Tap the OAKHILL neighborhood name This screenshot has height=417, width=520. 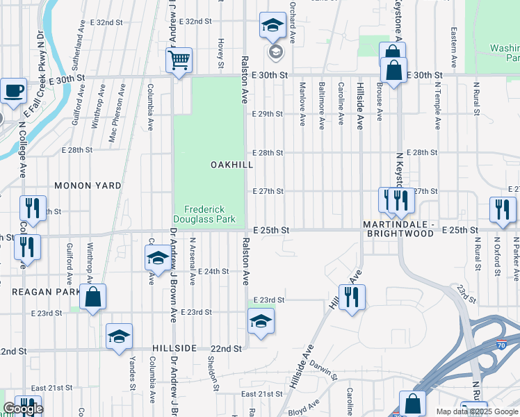click(231, 165)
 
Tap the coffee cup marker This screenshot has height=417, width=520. click(13, 90)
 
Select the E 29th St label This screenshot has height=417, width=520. click(268, 113)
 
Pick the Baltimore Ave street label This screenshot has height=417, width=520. click(321, 106)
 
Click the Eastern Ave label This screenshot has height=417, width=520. click(453, 47)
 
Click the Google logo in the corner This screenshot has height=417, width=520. click(22, 409)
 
